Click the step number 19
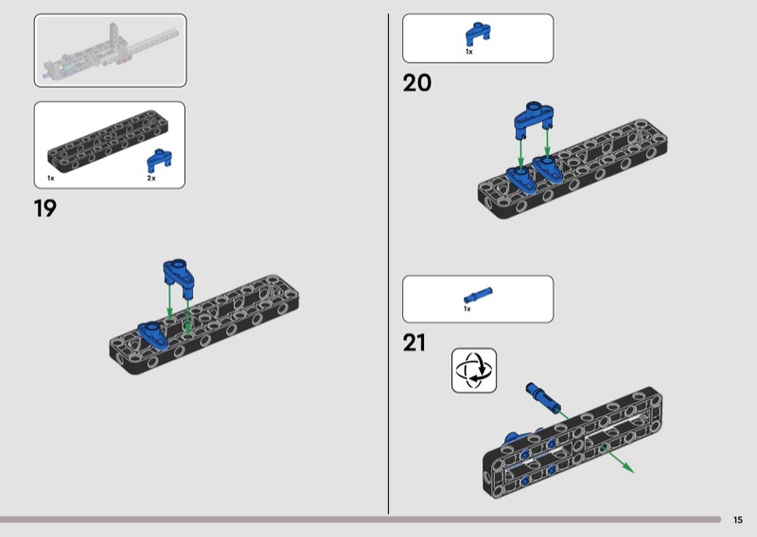pyautogui.click(x=44, y=208)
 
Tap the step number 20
pyautogui.click(x=417, y=83)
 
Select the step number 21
pyautogui.click(x=414, y=342)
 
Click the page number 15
pyautogui.click(x=738, y=520)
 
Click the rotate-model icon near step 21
pyautogui.click(x=474, y=371)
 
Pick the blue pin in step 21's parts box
pyautogui.click(x=478, y=294)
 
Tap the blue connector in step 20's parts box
pyautogui.click(x=478, y=34)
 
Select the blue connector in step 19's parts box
pyautogui.click(x=159, y=161)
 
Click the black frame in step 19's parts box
pyautogui.click(x=108, y=141)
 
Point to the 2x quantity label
pyautogui.click(x=151, y=179)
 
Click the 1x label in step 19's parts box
pyautogui.click(x=51, y=179)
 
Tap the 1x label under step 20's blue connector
pyautogui.click(x=469, y=52)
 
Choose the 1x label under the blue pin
pyautogui.click(x=467, y=309)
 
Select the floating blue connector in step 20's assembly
pyautogui.click(x=534, y=118)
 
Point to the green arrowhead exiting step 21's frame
pyautogui.click(x=627, y=467)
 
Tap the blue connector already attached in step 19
pyautogui.click(x=152, y=336)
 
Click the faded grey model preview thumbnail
pyautogui.click(x=110, y=51)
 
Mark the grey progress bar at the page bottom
pyautogui.click(x=361, y=520)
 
